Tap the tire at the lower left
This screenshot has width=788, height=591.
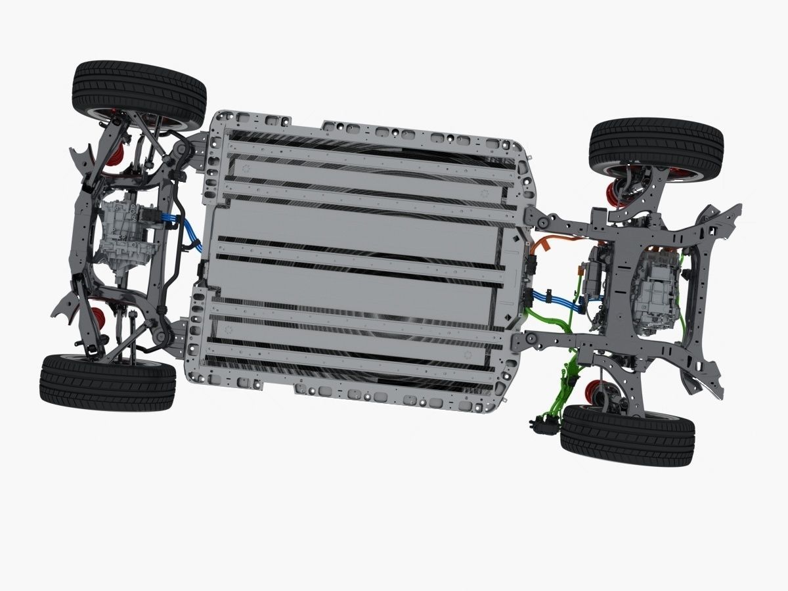[x=107, y=382]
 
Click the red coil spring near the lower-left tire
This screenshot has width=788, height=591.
[x=98, y=318]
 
